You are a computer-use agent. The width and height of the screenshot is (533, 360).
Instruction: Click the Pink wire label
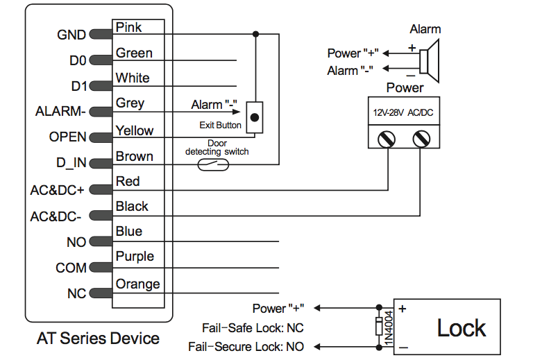click(x=129, y=28)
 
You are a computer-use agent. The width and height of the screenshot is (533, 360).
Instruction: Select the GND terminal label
click(x=71, y=35)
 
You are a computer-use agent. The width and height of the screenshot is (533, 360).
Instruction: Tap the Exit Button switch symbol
click(x=256, y=117)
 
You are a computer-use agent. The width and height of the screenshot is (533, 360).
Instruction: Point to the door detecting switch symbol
click(x=213, y=164)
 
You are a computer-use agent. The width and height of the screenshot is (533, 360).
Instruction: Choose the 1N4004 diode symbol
click(x=379, y=326)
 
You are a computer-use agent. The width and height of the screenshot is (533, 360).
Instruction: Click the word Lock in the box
click(x=462, y=328)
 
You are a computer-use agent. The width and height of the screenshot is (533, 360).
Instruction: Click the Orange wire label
click(x=137, y=284)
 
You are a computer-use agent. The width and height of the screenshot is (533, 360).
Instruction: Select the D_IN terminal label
click(x=71, y=164)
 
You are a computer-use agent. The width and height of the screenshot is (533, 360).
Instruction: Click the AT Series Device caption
click(x=98, y=339)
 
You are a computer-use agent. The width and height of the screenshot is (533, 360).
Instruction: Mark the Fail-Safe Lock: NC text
click(x=253, y=327)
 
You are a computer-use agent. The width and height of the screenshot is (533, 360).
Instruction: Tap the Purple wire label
click(x=135, y=257)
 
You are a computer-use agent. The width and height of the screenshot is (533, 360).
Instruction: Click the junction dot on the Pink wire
click(x=256, y=33)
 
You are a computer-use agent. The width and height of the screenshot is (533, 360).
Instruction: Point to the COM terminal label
click(x=71, y=268)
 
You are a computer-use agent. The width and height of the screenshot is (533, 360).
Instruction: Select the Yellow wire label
click(x=135, y=130)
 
